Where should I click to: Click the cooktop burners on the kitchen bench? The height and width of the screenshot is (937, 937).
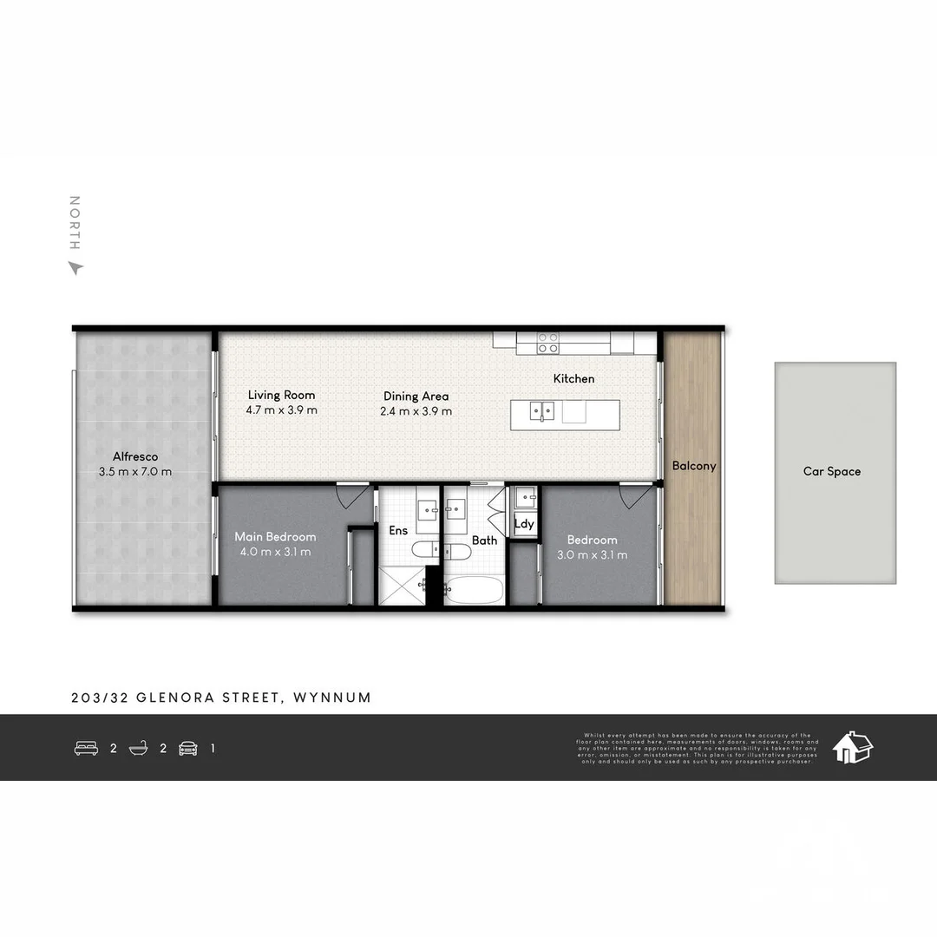547,343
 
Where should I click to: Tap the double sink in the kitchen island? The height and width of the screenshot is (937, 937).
542,410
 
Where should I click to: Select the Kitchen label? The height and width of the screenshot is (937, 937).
574,378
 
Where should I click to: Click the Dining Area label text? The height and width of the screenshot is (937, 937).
416,396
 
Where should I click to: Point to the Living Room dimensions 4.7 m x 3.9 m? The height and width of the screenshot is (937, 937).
282,410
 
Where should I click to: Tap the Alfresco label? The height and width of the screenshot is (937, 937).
135,456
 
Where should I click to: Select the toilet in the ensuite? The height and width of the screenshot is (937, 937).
426,549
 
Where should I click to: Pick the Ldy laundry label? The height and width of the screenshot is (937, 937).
524,524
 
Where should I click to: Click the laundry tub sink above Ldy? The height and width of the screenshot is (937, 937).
525,497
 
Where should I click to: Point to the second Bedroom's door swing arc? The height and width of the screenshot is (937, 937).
636,496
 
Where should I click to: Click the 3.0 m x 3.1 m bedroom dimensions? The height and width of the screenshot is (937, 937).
593,555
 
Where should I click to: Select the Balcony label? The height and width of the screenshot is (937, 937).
694,466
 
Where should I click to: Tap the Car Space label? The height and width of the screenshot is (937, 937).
832,472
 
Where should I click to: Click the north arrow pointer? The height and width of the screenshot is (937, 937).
75,268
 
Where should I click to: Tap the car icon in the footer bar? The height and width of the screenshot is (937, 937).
188,748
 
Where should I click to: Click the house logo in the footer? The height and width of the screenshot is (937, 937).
852,747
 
